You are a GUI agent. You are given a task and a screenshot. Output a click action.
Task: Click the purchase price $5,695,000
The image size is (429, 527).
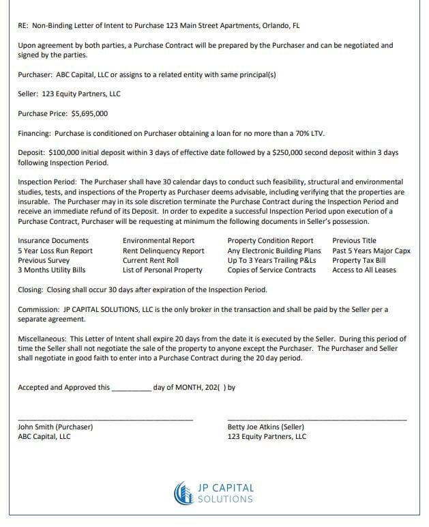[x=89, y=114]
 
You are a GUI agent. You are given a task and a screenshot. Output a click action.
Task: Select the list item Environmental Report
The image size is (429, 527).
[x=158, y=241]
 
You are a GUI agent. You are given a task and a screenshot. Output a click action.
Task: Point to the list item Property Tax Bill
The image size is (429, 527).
[x=359, y=261]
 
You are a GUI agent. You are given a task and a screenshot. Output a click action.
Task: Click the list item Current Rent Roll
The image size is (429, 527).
[x=150, y=261]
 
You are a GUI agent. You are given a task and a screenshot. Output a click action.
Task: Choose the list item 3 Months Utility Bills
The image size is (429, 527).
[x=51, y=270]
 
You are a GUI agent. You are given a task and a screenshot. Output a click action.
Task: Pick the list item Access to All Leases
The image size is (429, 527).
[x=364, y=270]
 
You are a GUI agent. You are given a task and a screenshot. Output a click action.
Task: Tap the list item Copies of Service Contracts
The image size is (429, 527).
[x=271, y=270]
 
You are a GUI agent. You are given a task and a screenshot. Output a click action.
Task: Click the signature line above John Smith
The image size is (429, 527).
[x=105, y=419]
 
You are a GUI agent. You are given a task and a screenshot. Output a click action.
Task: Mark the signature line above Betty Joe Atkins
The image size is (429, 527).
[x=316, y=419]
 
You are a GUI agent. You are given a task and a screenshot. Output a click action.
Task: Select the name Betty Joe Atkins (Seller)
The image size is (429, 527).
[x=265, y=427]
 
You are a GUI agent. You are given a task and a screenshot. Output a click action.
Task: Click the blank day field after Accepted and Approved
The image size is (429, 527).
[x=131, y=388]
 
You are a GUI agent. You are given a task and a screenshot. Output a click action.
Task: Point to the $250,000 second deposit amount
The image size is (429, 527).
[x=287, y=154]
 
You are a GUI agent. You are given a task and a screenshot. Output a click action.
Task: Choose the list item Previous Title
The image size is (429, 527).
[x=354, y=241]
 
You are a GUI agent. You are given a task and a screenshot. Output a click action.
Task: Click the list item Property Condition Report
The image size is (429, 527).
[x=270, y=241]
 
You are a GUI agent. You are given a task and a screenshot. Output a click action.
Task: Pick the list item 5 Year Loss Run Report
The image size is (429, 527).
[x=55, y=251]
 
